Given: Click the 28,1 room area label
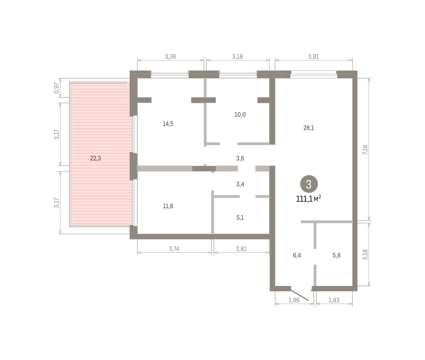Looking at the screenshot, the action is (x=308, y=128).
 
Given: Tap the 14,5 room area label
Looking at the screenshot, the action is (x=168, y=124).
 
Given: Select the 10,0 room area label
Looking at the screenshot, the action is (x=240, y=114).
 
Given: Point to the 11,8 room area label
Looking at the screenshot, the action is (x=168, y=206).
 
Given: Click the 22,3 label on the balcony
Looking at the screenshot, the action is (x=95, y=158).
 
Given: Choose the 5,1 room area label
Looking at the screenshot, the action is (x=240, y=218).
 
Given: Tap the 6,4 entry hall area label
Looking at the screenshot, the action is (x=297, y=255).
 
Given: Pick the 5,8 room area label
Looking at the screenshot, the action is (x=336, y=255).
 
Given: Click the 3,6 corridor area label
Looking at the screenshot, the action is (x=240, y=158).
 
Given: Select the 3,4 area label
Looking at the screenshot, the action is (x=240, y=184).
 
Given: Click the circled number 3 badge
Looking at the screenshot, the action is (x=309, y=184).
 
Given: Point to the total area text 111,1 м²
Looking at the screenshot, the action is (x=308, y=199).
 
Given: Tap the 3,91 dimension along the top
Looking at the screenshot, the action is (x=313, y=56).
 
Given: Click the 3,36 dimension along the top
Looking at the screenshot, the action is (x=170, y=56).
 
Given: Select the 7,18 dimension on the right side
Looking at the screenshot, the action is (x=365, y=150).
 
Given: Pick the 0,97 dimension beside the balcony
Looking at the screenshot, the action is (x=57, y=88).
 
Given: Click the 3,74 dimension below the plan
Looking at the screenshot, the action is (x=174, y=249).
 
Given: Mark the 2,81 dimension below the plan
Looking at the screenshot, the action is (x=241, y=249).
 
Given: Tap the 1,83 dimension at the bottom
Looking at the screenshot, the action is (x=334, y=300).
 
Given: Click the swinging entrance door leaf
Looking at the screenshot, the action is (x=300, y=295).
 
